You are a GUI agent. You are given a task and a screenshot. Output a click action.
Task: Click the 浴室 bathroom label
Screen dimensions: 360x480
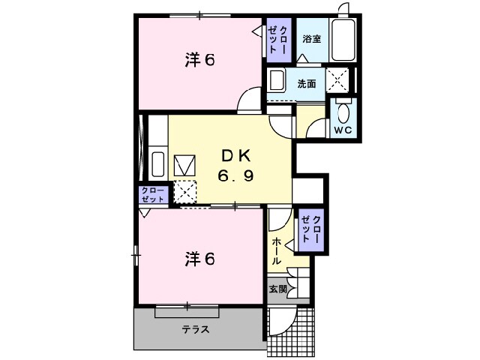[x=311, y=38]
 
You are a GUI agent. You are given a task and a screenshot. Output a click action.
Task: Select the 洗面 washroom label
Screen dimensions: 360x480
[x=306, y=83]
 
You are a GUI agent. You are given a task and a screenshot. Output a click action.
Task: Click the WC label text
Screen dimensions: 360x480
[x=343, y=130]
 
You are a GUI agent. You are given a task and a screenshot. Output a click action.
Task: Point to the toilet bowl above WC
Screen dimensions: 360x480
[x=343, y=112]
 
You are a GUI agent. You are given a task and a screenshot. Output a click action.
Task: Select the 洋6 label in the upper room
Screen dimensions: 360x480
[x=199, y=60]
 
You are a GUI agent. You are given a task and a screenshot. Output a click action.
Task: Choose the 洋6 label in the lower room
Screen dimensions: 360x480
[x=199, y=259]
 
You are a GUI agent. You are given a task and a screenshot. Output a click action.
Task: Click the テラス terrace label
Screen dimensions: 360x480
[x=194, y=329]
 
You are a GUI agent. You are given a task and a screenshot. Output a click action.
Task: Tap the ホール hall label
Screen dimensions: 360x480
[x=276, y=251]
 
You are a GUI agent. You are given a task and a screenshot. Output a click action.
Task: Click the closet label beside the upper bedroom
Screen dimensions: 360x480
[x=277, y=38]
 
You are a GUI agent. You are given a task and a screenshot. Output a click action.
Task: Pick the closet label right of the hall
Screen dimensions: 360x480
[x=310, y=228]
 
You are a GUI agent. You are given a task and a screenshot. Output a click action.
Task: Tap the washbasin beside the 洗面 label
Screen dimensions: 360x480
[x=277, y=81]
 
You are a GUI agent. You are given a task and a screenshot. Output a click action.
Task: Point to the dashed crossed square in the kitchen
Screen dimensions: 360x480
[x=185, y=191]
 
